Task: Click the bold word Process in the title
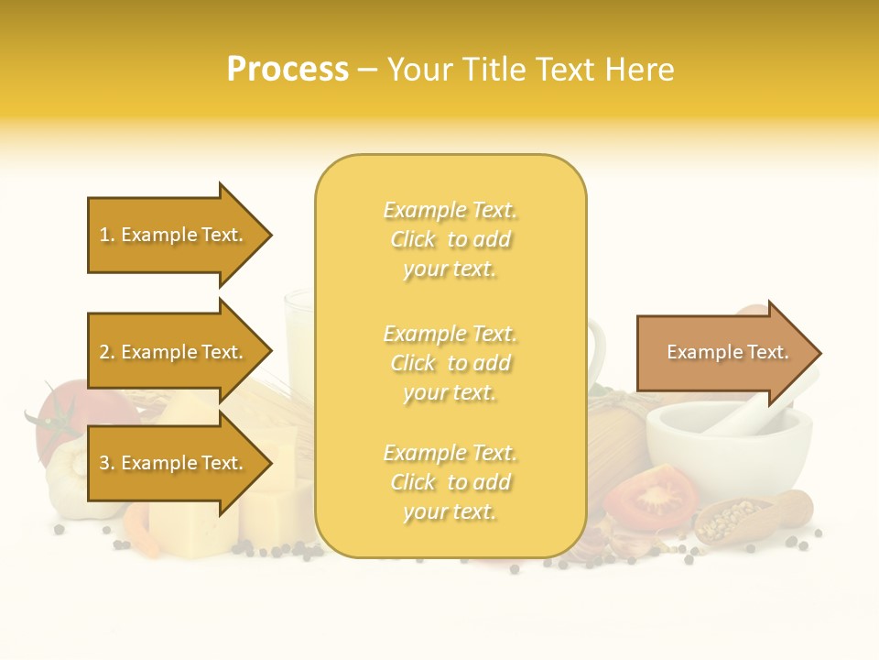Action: click(288, 70)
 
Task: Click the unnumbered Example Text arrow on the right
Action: click(727, 352)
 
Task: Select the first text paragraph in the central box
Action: click(450, 239)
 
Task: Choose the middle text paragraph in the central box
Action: click(450, 363)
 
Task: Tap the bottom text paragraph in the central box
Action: click(450, 482)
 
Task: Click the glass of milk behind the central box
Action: click(300, 339)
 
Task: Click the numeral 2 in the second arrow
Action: click(104, 352)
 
